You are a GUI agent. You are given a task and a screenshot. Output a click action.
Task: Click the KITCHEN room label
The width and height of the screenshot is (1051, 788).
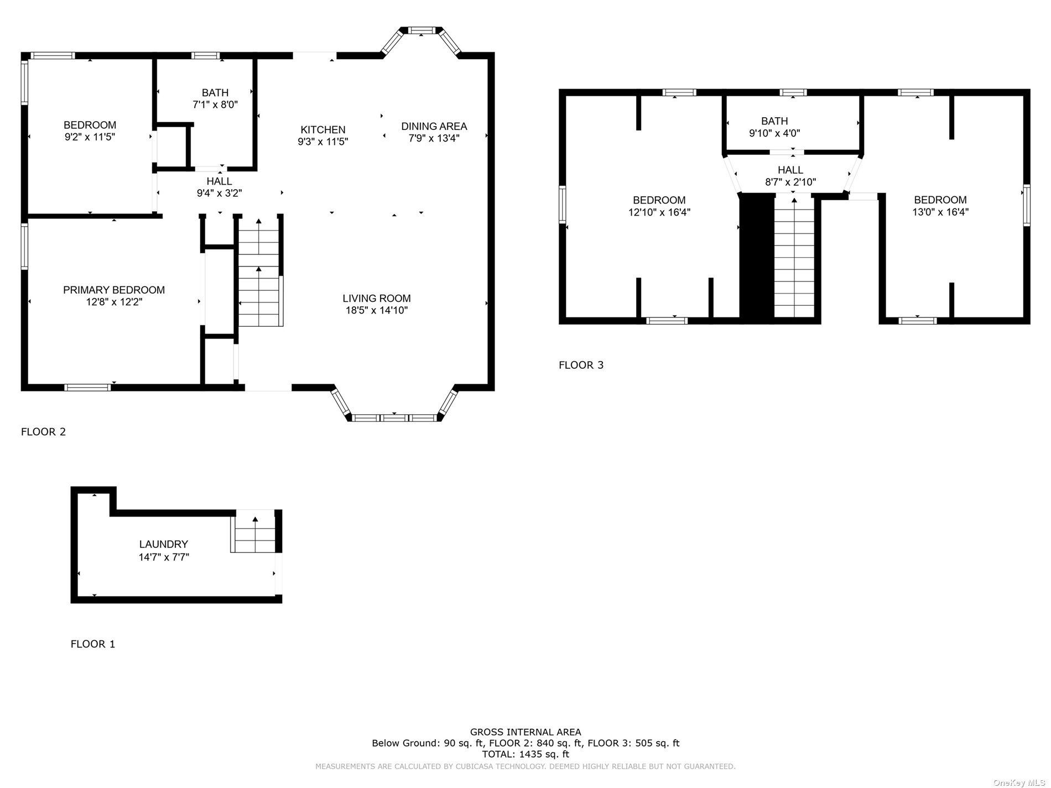point(323,130)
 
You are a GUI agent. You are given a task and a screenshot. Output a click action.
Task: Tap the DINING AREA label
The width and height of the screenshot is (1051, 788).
point(434,126)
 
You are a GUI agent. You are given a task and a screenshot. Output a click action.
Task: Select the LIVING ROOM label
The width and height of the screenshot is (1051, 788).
point(377,299)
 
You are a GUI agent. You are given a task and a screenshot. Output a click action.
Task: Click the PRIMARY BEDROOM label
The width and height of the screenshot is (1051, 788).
point(114,290)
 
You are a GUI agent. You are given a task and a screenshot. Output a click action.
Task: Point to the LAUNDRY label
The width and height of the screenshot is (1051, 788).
point(164,544)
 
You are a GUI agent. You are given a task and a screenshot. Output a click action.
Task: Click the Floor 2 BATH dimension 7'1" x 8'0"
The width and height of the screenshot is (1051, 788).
point(215,104)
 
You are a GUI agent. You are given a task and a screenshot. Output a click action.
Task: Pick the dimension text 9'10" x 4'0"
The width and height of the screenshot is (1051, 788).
point(774,133)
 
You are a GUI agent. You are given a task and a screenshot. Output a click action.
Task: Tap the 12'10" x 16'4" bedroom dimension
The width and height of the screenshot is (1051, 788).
point(659,212)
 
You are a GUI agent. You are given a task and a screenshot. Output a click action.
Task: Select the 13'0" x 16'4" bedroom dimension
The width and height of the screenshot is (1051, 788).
point(940,212)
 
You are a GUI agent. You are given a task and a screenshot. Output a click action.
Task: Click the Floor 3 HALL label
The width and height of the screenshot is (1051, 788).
point(790,170)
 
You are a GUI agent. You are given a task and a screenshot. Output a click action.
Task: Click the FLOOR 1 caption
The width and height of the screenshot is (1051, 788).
point(93,644)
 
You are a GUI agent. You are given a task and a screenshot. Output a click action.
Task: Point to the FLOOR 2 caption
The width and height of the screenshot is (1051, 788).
point(43,431)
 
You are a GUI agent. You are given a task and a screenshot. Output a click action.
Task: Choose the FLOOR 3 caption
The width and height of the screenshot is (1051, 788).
point(581,365)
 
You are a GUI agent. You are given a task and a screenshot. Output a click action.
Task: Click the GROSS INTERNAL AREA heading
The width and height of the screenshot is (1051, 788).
point(525,732)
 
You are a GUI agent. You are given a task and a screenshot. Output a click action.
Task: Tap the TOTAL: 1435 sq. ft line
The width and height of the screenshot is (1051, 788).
point(525,754)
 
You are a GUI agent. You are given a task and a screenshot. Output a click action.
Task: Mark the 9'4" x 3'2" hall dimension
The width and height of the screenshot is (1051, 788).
point(220,193)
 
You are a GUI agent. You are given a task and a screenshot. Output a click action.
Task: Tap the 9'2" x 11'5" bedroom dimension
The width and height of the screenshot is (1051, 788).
point(90,137)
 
